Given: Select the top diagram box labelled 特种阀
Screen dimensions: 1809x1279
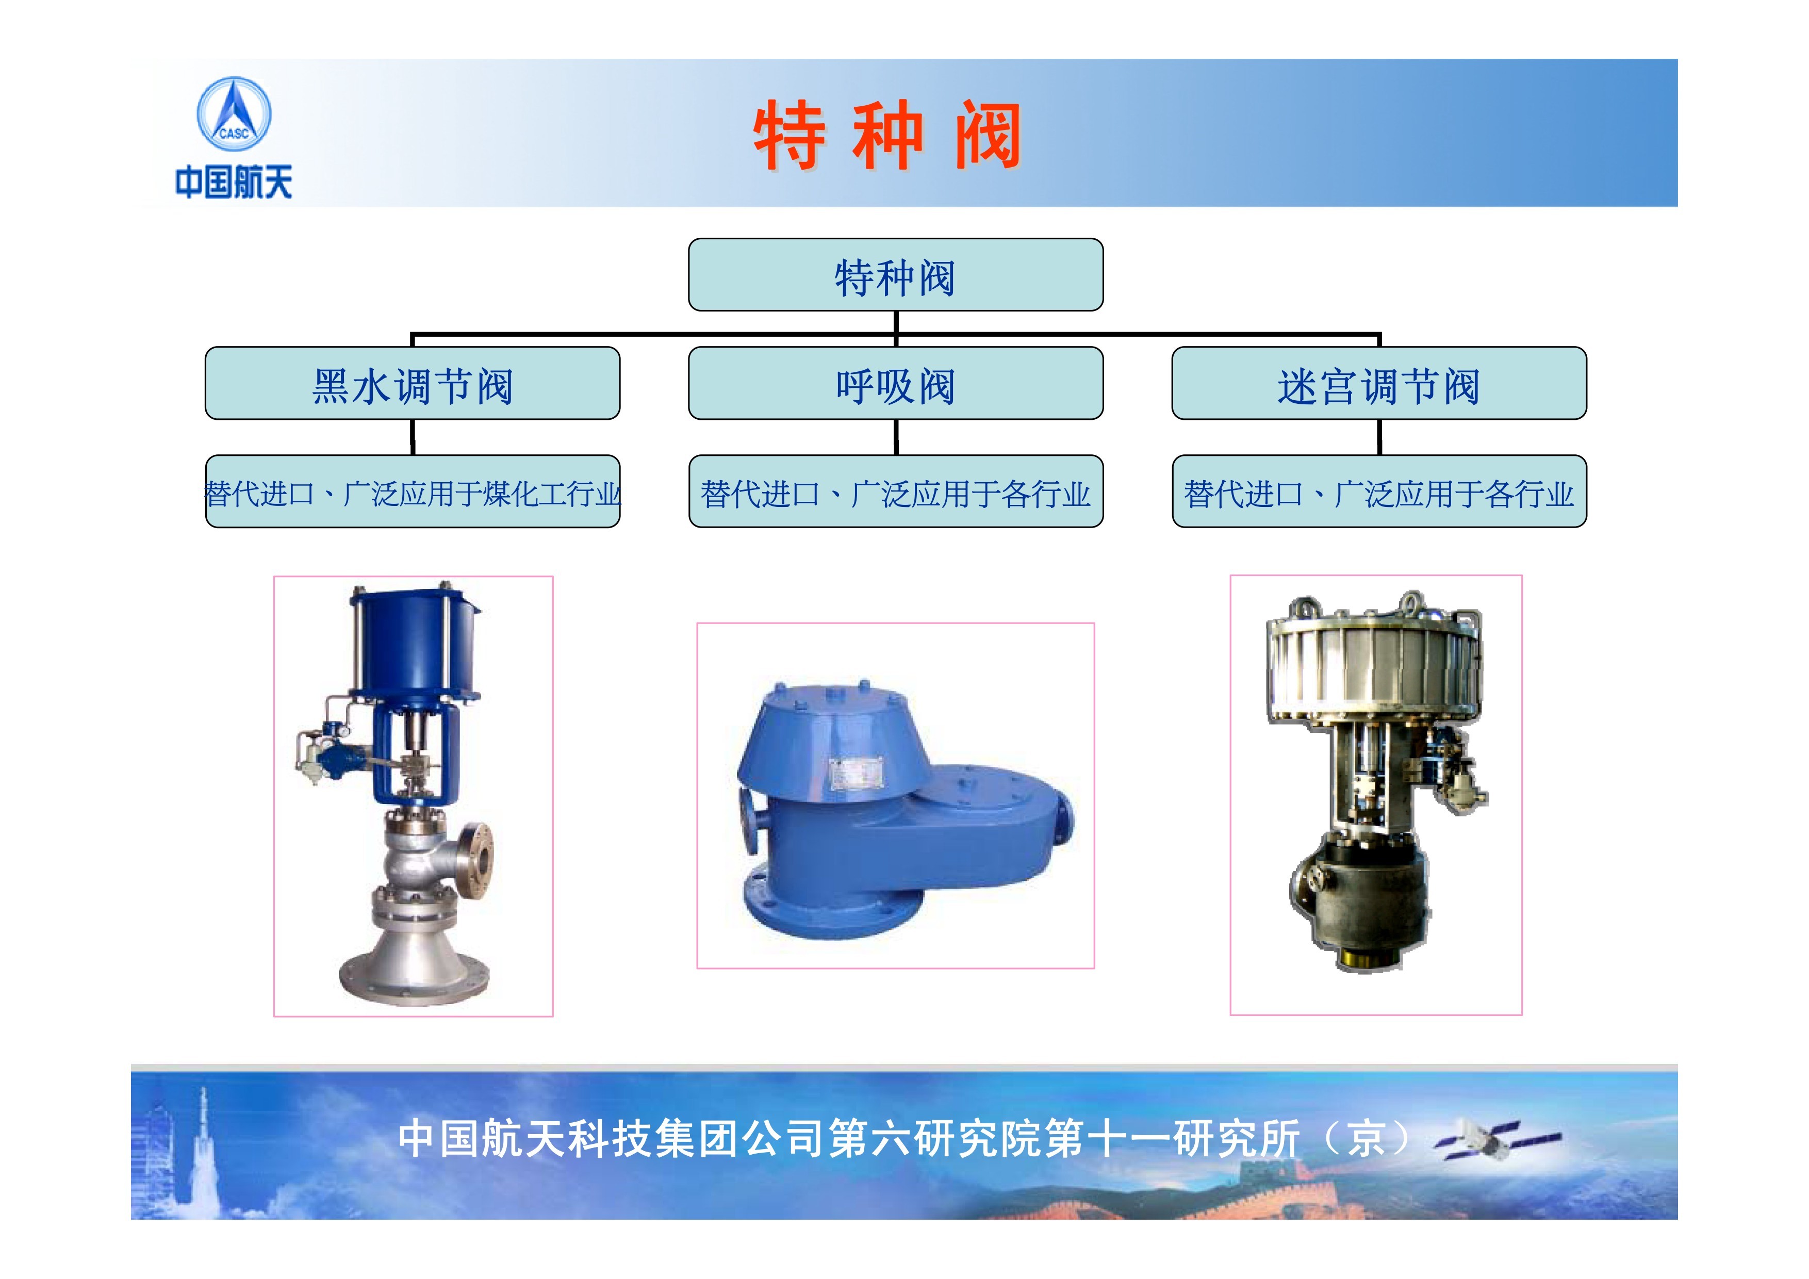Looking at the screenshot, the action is (896, 275).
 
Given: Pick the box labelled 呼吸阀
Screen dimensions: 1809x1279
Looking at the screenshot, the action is (896, 383).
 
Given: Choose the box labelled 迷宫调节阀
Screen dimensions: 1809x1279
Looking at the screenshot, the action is (1379, 383).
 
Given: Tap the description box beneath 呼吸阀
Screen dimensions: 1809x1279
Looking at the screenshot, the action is (896, 491).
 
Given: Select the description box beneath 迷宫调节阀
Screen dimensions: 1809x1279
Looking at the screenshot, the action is (1379, 491).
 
